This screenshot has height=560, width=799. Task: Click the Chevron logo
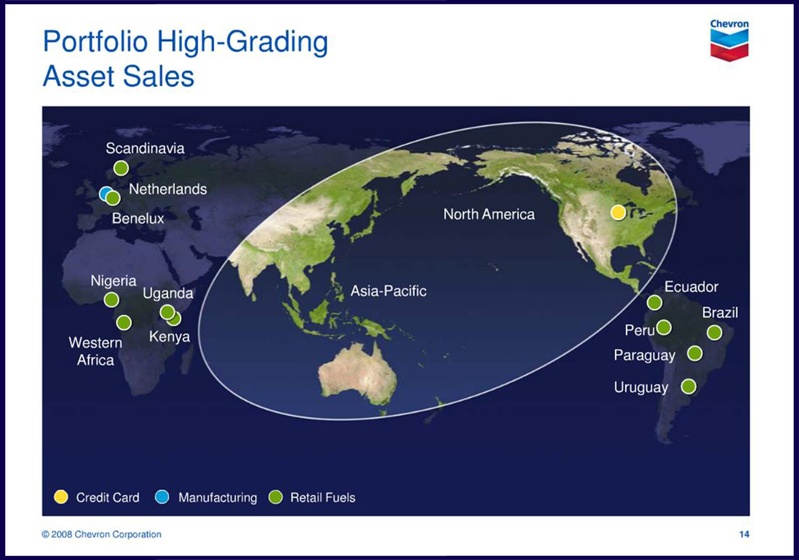click(729, 40)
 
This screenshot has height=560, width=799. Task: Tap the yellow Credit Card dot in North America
click(618, 212)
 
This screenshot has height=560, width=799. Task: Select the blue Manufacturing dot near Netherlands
click(105, 193)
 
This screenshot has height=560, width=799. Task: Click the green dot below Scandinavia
click(121, 168)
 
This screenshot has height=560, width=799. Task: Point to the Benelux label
click(138, 218)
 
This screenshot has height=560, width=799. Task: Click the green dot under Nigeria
click(111, 300)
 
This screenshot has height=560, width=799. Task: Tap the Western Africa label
click(95, 351)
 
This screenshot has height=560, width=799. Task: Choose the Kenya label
click(169, 336)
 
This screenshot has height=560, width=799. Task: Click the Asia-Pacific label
click(388, 291)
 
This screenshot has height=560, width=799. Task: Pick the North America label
click(489, 214)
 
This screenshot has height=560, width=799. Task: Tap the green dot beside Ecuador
click(655, 303)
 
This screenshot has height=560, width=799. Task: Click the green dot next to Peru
click(664, 327)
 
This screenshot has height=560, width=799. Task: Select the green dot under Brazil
click(714, 333)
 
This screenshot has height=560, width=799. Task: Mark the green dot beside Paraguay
click(695, 353)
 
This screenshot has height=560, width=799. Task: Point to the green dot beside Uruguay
click(688, 386)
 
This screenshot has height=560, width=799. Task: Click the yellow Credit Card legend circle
click(61, 497)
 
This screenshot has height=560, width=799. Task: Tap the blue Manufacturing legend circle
click(162, 497)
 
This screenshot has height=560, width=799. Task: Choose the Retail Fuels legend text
click(323, 498)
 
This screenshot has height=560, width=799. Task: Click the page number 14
click(744, 534)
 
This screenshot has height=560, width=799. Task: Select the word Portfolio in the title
click(95, 42)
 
